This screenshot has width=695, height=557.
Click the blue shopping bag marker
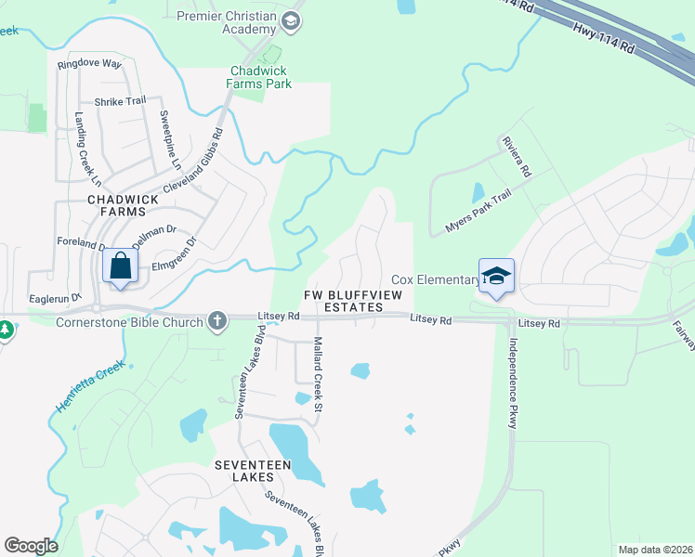tap(122, 266)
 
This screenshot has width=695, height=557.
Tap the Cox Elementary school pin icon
tap(496, 277)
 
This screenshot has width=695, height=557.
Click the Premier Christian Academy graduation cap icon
tap(291, 20)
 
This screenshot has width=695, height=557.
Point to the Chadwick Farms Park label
tap(260, 77)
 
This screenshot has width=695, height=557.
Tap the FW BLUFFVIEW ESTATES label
tap(342, 301)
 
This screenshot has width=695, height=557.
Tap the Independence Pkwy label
tap(513, 381)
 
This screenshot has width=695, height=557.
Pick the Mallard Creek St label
tap(318, 374)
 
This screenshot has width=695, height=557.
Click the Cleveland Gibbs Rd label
tap(194, 160)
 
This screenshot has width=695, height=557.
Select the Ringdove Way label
tap(89, 64)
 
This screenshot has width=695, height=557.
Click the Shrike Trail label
tap(121, 102)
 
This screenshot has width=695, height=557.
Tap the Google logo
tap(31, 546)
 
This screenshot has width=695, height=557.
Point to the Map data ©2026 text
tap(655, 550)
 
